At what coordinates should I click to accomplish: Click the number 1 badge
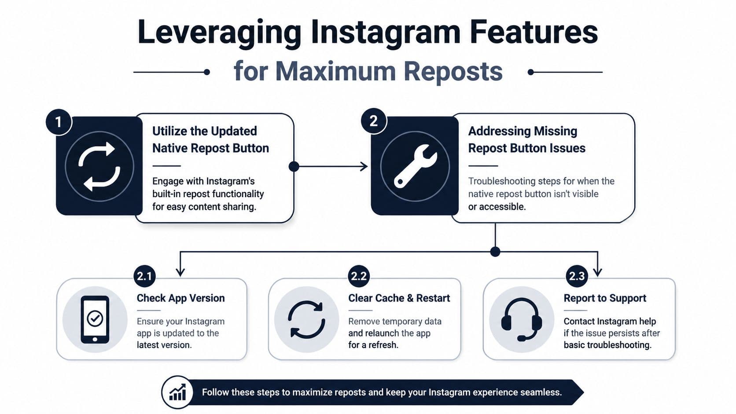(x=59, y=122)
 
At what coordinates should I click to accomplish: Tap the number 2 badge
(x=374, y=121)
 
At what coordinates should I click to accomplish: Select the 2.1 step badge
(x=144, y=276)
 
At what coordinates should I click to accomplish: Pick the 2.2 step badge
(x=359, y=276)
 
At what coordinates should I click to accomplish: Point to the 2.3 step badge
(x=577, y=276)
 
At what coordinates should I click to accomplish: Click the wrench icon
(x=415, y=166)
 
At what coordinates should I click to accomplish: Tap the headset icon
(x=522, y=319)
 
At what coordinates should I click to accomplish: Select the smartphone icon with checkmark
(x=95, y=319)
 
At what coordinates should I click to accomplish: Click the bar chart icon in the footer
(x=177, y=392)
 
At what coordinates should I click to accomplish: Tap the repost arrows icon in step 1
(x=99, y=166)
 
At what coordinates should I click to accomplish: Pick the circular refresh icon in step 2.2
(x=306, y=319)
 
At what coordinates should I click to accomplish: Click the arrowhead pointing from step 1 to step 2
(x=364, y=166)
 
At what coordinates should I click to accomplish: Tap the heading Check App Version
(x=181, y=298)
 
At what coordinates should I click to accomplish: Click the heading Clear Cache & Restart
(x=399, y=298)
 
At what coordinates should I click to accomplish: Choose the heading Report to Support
(x=605, y=298)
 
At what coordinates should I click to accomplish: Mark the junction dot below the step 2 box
(x=495, y=252)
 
